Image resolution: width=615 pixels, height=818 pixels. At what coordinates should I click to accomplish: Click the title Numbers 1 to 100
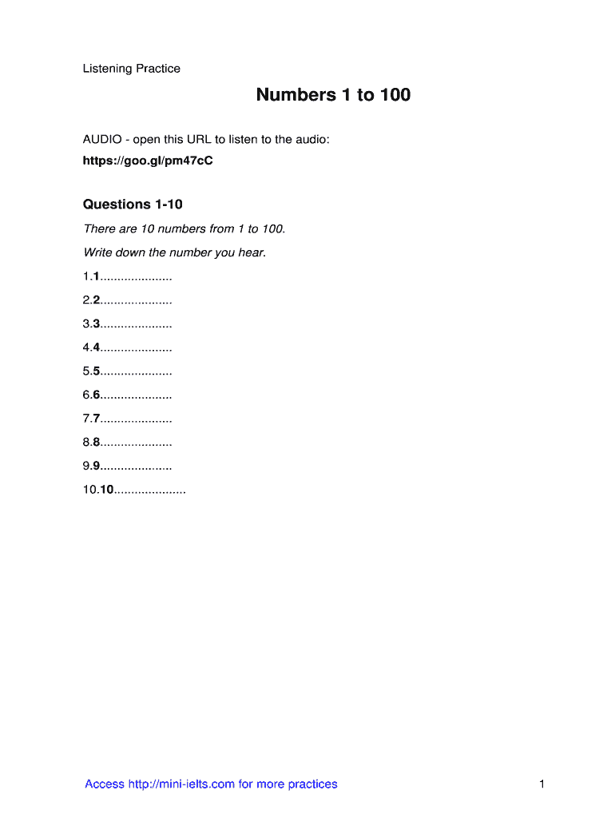tap(333, 95)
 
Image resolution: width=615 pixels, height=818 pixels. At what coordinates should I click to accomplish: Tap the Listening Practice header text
tap(132, 69)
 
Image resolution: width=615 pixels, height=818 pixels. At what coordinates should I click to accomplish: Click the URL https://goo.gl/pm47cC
tap(148, 161)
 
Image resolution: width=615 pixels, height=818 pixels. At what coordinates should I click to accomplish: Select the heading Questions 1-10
tap(133, 204)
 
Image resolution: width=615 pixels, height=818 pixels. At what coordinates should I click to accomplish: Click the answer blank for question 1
tap(137, 277)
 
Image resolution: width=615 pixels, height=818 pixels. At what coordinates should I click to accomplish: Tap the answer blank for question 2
tap(137, 301)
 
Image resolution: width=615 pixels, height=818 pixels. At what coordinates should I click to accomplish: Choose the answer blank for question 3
tap(137, 324)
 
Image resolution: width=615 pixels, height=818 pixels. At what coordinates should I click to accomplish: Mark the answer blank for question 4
tap(137, 348)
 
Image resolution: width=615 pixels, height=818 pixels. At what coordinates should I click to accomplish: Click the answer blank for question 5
tap(137, 371)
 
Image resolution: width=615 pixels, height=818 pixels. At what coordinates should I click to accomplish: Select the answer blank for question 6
tap(137, 395)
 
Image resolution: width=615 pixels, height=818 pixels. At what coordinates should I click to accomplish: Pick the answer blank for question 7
tap(137, 419)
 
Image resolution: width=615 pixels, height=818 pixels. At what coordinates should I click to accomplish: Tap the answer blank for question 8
tap(137, 443)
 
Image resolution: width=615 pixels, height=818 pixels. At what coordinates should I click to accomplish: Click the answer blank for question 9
tap(137, 466)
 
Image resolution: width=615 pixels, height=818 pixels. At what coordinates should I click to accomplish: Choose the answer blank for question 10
tap(150, 490)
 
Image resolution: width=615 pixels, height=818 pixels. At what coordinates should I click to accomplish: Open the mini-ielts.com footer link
tap(211, 784)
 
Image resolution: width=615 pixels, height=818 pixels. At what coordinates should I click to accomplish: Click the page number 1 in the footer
tap(542, 784)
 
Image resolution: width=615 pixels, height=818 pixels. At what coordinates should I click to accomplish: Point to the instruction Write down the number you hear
tap(174, 253)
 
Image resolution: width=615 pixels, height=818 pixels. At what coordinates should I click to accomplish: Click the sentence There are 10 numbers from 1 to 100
tap(184, 229)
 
